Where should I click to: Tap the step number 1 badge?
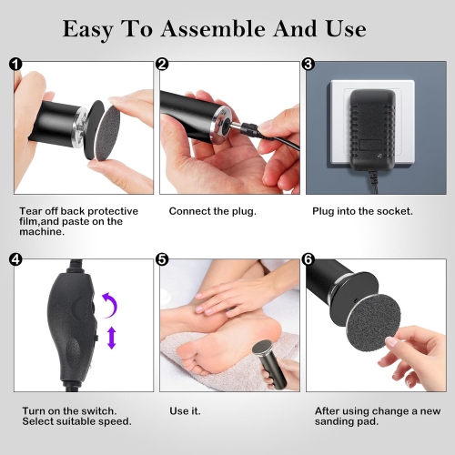15,65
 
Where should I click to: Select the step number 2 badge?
162,65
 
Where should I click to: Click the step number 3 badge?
308,65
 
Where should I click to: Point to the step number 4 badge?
15,259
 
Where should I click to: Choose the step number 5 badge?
162,259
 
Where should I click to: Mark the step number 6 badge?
308,259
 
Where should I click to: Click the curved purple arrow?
108,302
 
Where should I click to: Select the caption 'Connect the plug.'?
212,211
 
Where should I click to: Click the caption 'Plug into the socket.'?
362,211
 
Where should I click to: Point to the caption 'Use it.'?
184,410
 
